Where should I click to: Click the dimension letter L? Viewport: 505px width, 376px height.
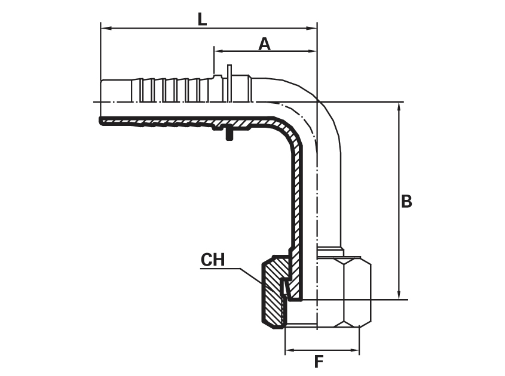coord(202,19)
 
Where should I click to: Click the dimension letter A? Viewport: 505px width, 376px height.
coord(264,44)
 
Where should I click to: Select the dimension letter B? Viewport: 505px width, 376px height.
coord(406,201)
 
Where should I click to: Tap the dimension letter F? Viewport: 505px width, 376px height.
coord(319,362)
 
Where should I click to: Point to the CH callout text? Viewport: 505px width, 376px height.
coord(213,260)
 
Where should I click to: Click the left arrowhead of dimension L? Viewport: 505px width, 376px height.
coord(106,28)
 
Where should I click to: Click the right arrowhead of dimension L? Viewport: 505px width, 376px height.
coord(312,28)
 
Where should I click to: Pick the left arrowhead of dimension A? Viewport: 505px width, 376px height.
coord(220,51)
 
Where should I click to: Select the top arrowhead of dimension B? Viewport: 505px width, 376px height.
coord(399,108)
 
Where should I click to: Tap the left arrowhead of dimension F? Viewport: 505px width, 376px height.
coord(290,350)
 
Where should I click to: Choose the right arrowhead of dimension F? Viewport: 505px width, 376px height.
coord(354,350)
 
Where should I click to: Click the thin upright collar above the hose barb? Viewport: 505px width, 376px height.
coord(229,83)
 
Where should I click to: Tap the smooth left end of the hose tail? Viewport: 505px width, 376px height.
coord(116,91)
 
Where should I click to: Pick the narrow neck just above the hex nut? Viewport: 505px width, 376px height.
coord(330,251)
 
